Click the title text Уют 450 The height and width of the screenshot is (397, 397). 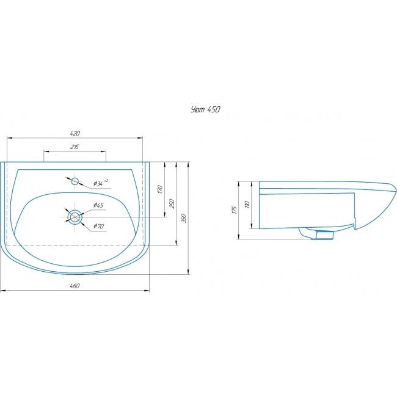coord(205,109)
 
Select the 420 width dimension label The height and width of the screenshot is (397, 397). coord(75,133)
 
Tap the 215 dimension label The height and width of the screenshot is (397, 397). coord(75,147)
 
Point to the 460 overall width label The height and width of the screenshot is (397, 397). coord(75,286)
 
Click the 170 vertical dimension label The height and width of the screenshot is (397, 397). coord(160,189)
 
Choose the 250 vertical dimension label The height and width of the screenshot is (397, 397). coord(172,203)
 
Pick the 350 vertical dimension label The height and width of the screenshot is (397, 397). coord(184,218)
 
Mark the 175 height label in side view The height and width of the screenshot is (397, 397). coord(234,210)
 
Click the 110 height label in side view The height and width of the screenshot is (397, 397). coord(247,205)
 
